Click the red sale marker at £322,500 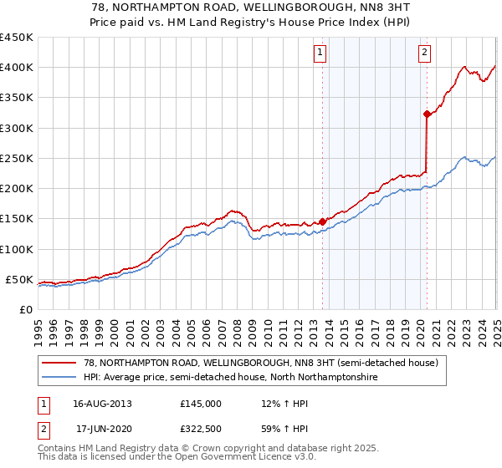click(427, 114)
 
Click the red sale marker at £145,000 click(322, 221)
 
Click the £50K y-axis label click(19, 279)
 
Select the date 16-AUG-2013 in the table click(102, 404)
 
